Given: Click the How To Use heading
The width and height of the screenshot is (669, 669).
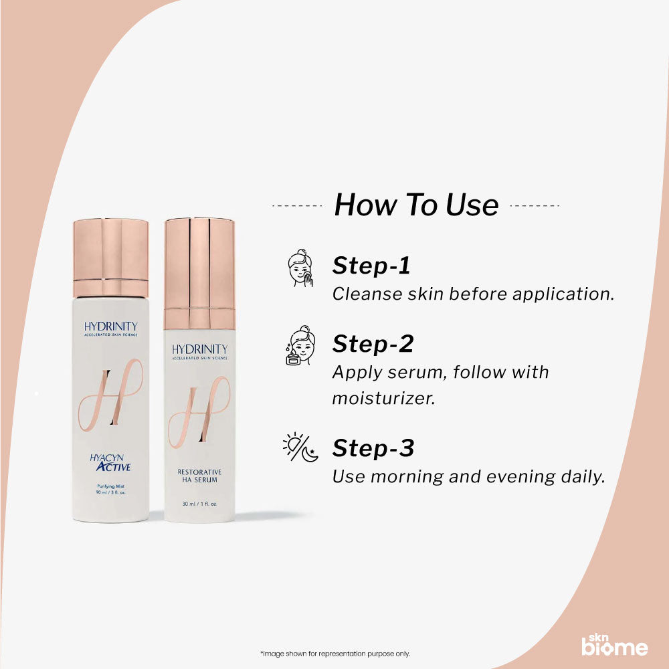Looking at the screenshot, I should [x=416, y=205].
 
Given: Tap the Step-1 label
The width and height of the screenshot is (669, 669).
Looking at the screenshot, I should [x=371, y=266].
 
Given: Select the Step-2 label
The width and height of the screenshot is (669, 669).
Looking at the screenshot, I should [x=373, y=343].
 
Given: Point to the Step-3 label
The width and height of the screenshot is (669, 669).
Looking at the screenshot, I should [x=373, y=448].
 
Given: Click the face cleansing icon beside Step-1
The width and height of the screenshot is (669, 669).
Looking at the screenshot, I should [x=300, y=268].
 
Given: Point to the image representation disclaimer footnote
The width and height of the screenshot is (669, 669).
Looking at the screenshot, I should [x=334, y=654].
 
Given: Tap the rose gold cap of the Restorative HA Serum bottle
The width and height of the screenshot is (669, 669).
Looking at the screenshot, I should [x=199, y=264].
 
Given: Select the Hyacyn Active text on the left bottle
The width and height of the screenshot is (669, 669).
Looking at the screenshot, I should [x=110, y=462].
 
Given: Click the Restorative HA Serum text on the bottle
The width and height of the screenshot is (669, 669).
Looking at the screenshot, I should [x=199, y=476].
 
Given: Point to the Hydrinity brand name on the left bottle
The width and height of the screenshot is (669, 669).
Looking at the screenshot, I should [x=111, y=326].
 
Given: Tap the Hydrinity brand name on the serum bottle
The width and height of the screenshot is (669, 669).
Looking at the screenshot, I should [x=199, y=349].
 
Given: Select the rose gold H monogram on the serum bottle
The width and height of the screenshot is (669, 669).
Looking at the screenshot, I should [x=199, y=411].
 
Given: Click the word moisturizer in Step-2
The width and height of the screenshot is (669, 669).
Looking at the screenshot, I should [x=383, y=398].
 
